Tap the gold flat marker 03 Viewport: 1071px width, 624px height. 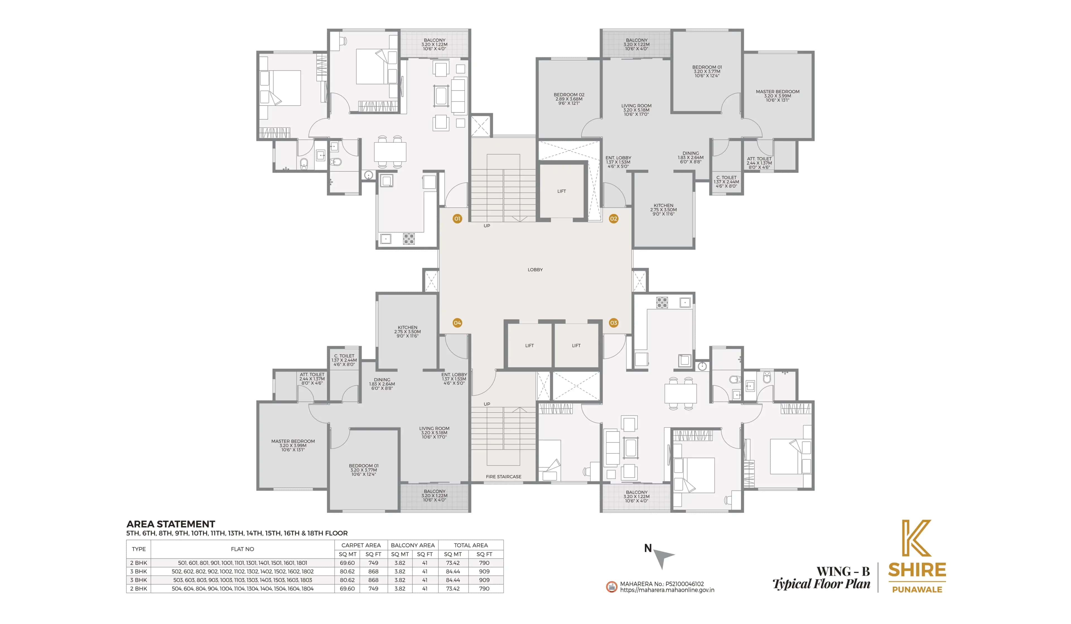613,323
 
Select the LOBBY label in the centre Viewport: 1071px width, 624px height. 535,270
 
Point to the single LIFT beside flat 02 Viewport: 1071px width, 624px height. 561,191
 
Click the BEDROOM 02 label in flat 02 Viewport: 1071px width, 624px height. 569,95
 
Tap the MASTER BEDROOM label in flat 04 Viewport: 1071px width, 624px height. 293,442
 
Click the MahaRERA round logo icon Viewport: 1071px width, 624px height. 611,587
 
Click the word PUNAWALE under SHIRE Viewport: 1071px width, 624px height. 917,590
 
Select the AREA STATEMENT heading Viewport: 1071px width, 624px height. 170,524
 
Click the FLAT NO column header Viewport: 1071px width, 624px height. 242,549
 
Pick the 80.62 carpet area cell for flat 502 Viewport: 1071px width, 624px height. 347,571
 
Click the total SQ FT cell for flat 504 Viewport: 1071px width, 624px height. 484,588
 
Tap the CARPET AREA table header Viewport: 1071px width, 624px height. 361,545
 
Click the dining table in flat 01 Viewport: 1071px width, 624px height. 390,152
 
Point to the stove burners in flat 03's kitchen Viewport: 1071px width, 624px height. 662,302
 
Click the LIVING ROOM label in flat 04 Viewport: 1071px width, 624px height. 434,429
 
